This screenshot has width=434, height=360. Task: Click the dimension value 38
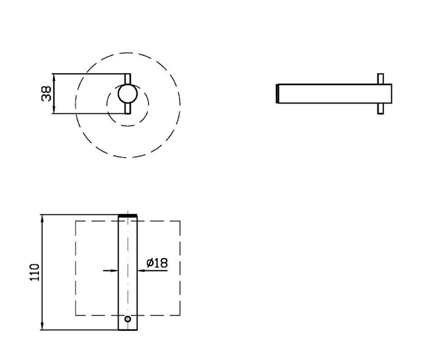tap(46, 93)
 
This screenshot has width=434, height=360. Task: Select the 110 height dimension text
tap(35, 272)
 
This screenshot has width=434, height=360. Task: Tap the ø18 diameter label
tap(157, 263)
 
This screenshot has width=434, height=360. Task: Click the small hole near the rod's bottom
tap(128, 319)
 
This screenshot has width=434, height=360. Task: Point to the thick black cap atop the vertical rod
tap(128, 216)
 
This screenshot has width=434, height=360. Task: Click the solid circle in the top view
tap(128, 94)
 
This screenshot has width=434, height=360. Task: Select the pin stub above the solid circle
tap(128, 79)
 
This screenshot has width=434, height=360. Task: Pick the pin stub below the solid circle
tap(128, 108)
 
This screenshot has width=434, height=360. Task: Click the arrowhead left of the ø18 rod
tap(114, 270)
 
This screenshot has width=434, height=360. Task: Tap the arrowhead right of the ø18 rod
tap(141, 270)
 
